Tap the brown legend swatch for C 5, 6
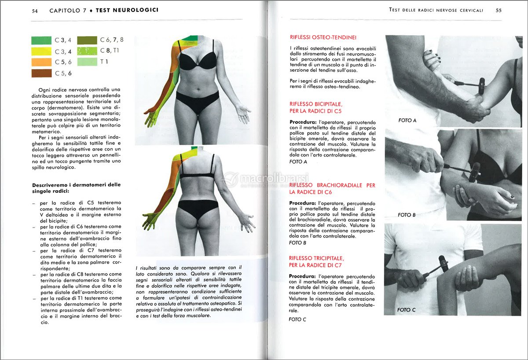coord(41,73)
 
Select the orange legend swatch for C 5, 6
coord(41,62)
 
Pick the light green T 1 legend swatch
coord(87,62)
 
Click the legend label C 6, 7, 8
coord(112,40)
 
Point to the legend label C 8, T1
coord(110,51)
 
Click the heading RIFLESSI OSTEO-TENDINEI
coord(323,38)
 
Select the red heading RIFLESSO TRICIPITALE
coord(316,258)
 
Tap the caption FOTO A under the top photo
coord(407,120)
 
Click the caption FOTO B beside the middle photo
coord(407,215)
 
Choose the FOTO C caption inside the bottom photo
coord(406,310)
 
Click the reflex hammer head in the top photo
coord(482,83)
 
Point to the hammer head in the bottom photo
coord(444,264)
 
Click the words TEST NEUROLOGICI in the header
coord(127,10)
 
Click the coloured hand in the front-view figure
coord(151,117)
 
